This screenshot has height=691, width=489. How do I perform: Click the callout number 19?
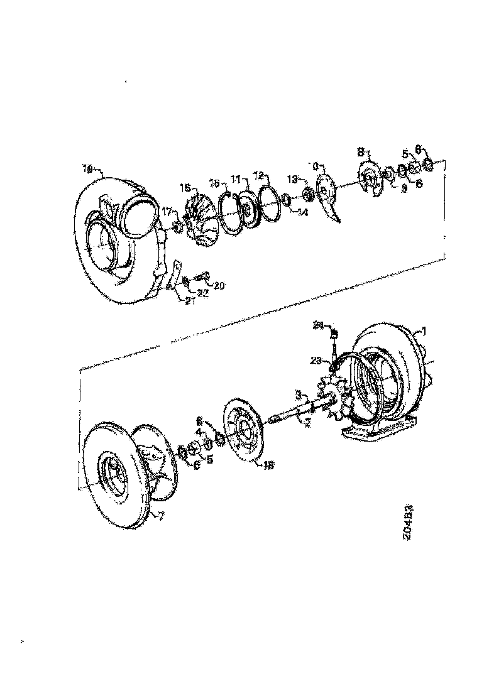[x=87, y=168]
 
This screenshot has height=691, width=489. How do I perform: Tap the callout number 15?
[x=185, y=188]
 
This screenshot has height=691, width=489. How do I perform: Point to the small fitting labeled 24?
[x=334, y=333]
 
